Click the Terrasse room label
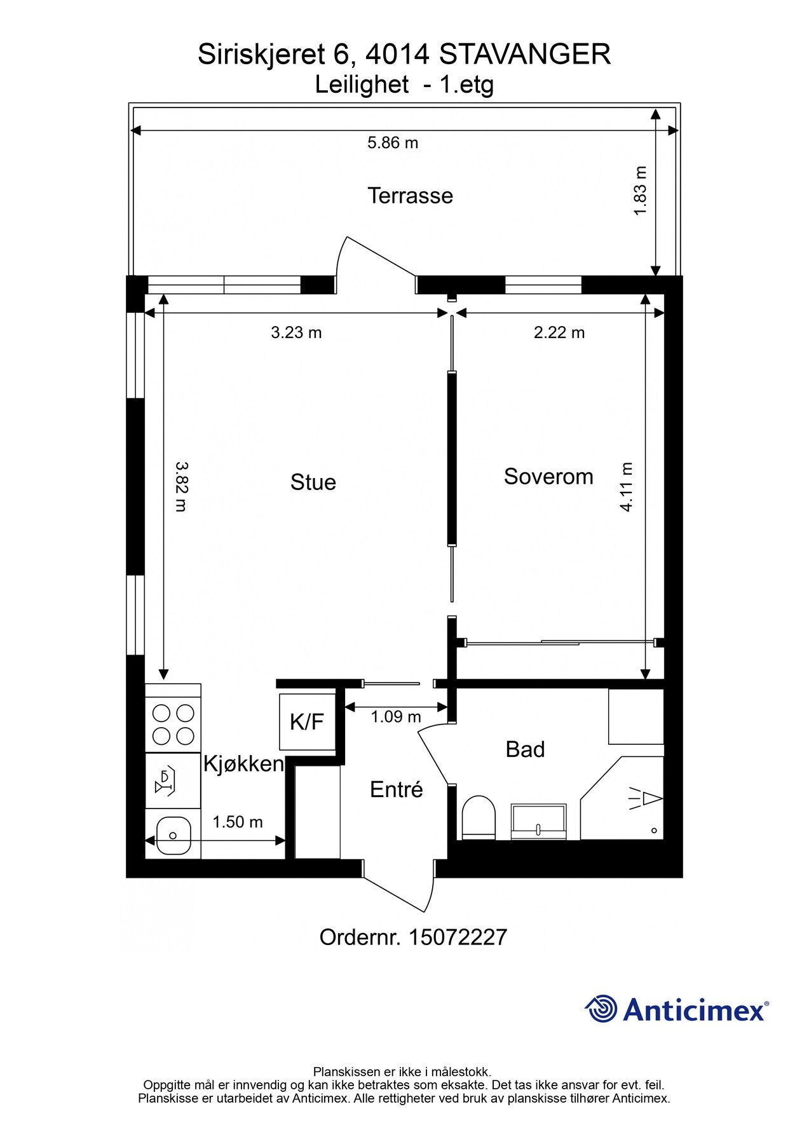[x=410, y=196]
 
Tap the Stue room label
[x=313, y=482]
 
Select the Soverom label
[x=548, y=477]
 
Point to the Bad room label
[x=525, y=749]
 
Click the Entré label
[x=397, y=789]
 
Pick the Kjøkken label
[x=243, y=764]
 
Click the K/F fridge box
[x=308, y=722]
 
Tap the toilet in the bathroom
[x=479, y=817]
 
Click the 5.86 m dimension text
[x=393, y=143]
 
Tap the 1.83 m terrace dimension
[x=641, y=191]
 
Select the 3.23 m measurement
[x=296, y=332]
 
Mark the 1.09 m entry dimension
[x=396, y=717]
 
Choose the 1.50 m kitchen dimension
[x=238, y=822]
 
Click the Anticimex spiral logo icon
[x=601, y=1009]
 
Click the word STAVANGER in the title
[x=525, y=55]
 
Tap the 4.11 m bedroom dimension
[x=627, y=487]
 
